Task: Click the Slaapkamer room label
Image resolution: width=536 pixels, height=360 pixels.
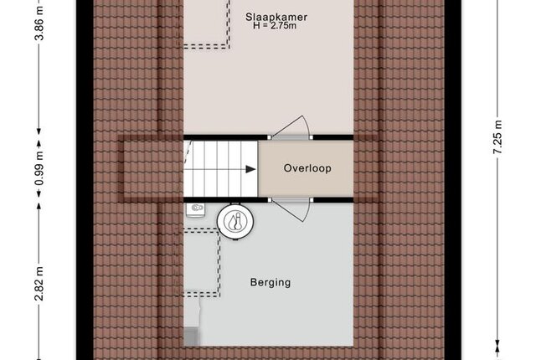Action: [276, 17]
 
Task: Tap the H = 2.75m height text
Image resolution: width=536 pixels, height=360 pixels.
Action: [275, 26]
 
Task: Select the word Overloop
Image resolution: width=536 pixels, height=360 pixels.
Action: [307, 168]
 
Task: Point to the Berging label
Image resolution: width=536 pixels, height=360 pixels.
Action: [271, 282]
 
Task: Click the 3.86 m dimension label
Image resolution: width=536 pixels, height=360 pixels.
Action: [39, 24]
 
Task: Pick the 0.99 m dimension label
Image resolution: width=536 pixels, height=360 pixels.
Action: [39, 168]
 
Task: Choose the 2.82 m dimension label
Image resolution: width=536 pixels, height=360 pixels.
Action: [39, 284]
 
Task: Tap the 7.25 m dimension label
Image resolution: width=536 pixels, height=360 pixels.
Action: [497, 137]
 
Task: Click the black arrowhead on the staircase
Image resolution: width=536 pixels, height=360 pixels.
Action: [250, 169]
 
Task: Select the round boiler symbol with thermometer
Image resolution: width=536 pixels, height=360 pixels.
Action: [236, 221]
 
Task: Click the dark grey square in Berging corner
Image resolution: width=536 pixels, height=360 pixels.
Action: [192, 336]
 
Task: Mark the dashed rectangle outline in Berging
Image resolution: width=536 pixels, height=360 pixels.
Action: [219, 263]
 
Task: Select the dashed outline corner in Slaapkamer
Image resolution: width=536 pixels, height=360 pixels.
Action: [229, 47]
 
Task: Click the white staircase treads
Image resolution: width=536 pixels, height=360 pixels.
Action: [220, 169]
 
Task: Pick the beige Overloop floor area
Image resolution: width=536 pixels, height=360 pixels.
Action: [306, 169]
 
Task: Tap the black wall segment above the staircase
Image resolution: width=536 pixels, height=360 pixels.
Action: [225, 137]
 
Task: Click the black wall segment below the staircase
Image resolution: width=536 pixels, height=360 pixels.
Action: [225, 200]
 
